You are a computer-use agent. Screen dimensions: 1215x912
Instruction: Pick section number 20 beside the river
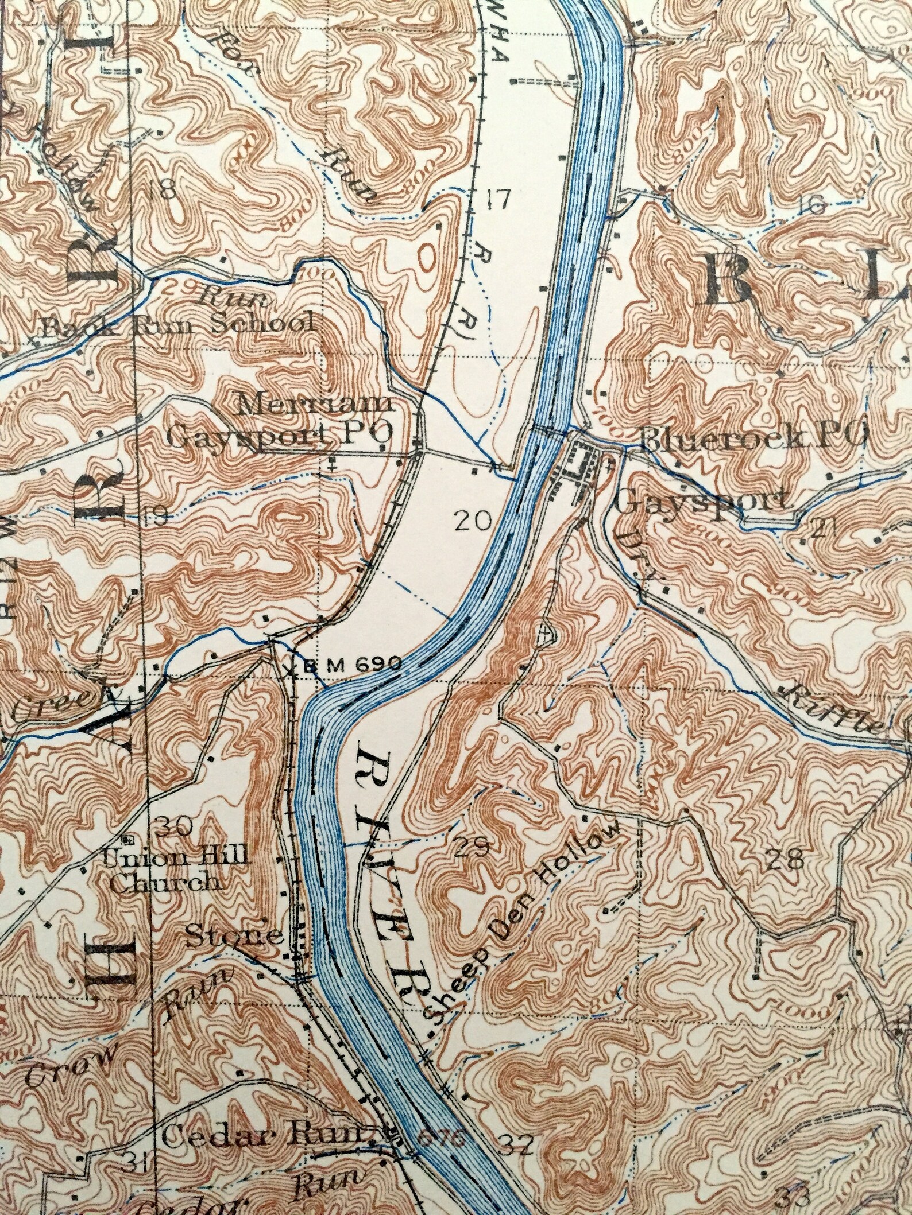click(x=473, y=521)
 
